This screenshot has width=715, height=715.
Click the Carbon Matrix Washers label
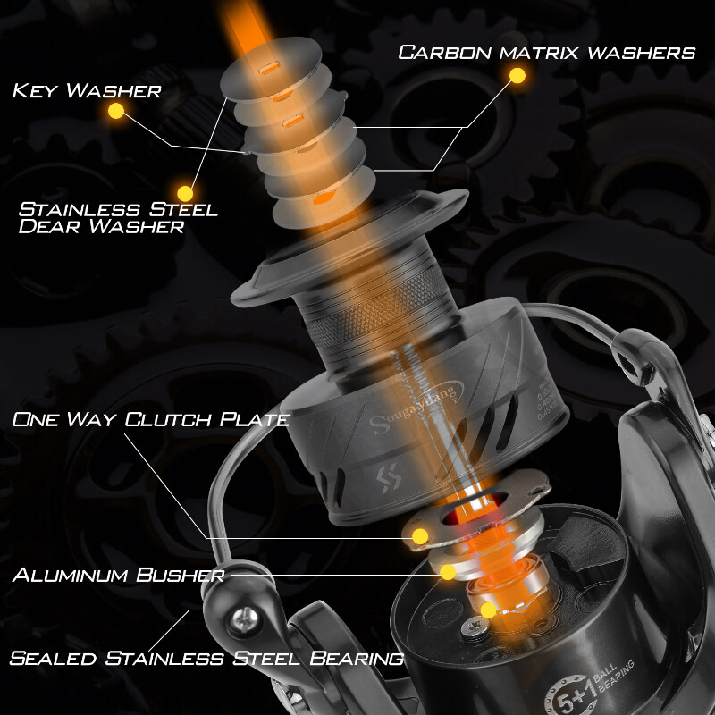546,52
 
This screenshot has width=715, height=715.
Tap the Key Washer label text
87,90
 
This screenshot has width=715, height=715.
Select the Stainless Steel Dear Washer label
118,217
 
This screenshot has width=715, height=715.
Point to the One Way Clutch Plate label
150,418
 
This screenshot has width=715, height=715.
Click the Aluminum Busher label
117,574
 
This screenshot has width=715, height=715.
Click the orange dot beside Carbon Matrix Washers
517,77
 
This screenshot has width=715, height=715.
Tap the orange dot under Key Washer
115,111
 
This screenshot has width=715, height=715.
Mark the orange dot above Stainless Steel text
186,192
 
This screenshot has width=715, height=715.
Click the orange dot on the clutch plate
419,536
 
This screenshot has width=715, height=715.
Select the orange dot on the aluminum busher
448,572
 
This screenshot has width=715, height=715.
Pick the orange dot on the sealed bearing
488,610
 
